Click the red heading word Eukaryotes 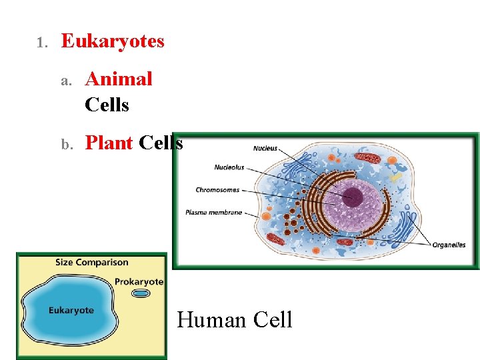tap(113, 41)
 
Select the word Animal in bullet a tap(119, 79)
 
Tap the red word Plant tap(109, 143)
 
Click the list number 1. tap(41, 43)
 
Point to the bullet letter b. tap(66, 145)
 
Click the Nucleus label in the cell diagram tap(265, 149)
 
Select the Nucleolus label tap(229, 167)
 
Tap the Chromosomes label tap(217, 190)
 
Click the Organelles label tap(449, 245)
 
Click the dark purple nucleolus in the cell tap(353, 196)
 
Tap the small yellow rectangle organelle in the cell tap(396, 178)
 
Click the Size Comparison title tap(92, 262)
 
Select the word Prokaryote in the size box tap(139, 281)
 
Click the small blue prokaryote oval tap(141, 293)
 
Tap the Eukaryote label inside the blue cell tap(71, 311)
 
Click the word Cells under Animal tap(107, 105)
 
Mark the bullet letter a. tap(66, 81)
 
